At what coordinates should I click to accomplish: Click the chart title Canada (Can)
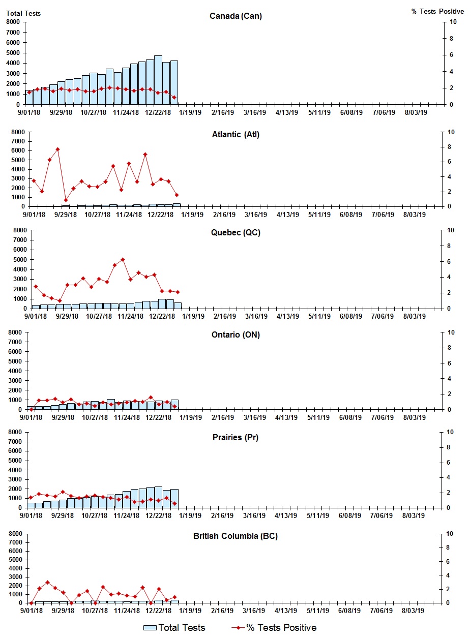point(236,16)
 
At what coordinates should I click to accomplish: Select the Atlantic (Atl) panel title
point(236,135)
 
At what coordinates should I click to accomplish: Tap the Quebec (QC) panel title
point(236,233)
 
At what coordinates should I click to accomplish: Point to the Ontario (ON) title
point(236,335)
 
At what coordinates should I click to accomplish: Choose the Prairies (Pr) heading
point(236,437)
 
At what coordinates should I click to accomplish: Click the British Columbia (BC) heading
point(236,536)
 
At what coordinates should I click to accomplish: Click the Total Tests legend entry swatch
point(150,628)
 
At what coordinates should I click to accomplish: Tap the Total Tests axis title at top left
point(23,13)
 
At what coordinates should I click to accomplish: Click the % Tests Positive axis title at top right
point(437,11)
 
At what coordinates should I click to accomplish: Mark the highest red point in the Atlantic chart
point(57,149)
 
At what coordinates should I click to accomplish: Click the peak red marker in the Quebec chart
point(123,260)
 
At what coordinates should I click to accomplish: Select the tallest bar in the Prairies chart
point(158,497)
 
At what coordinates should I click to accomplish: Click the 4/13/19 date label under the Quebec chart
point(287,316)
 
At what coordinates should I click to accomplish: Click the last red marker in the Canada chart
point(174,98)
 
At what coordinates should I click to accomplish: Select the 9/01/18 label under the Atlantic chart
point(34,215)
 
